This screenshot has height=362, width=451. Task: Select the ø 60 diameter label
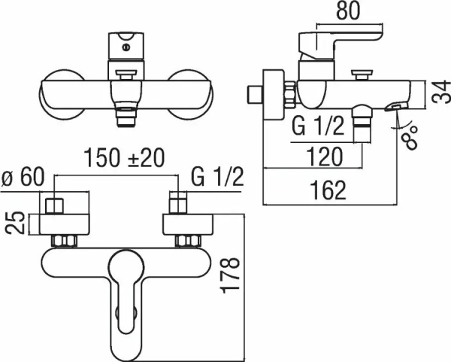23,179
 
